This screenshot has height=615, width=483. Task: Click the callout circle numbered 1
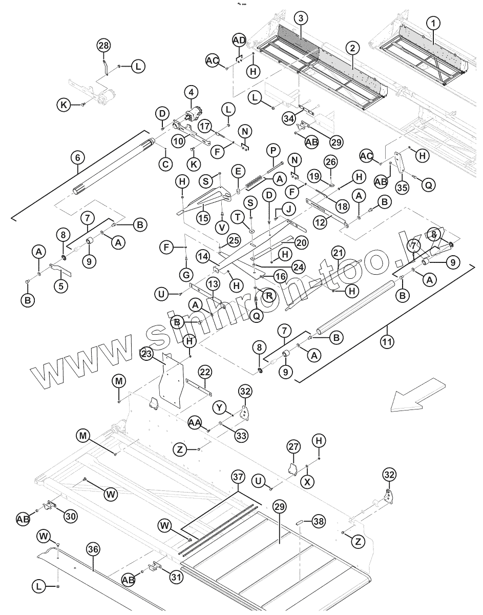(x=434, y=23)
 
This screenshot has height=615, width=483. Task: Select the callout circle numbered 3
(x=301, y=18)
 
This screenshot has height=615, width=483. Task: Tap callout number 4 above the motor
(x=191, y=93)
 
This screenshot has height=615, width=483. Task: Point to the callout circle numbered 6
(x=78, y=157)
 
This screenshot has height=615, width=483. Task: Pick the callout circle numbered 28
(x=103, y=46)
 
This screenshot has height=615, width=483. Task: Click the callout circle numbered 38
(x=319, y=521)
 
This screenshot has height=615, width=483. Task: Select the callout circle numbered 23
(x=146, y=353)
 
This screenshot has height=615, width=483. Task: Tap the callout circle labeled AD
(x=239, y=39)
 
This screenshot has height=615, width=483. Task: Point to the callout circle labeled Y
(x=220, y=407)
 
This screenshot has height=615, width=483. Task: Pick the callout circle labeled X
(x=307, y=482)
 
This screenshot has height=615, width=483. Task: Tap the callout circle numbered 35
(x=402, y=187)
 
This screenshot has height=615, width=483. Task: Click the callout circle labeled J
(x=288, y=209)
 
